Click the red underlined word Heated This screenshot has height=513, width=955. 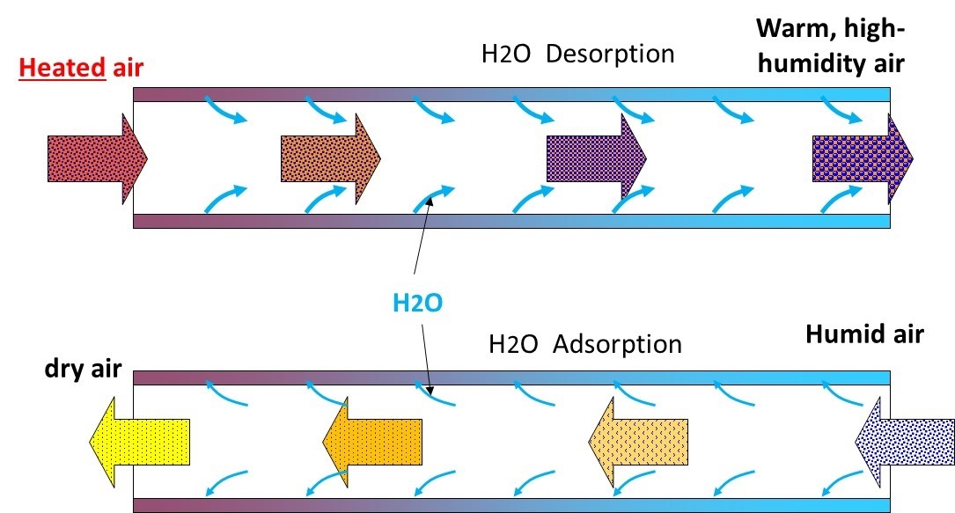click(x=62, y=68)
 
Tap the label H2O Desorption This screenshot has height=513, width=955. click(x=578, y=55)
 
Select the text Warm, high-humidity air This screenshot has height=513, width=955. click(x=831, y=47)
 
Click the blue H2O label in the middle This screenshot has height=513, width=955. click(x=417, y=303)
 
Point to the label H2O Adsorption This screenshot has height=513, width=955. click(x=585, y=344)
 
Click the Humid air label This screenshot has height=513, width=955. click(x=865, y=334)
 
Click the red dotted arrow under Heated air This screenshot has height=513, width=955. click(x=98, y=159)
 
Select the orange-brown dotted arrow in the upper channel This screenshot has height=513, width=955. click(x=331, y=159)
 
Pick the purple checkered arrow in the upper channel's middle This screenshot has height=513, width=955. click(x=597, y=159)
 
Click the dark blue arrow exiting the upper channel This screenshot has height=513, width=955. click(x=863, y=159)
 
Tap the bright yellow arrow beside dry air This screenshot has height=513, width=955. click(x=139, y=442)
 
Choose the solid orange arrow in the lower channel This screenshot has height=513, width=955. click(x=372, y=442)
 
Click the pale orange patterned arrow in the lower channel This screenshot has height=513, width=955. click(x=638, y=442)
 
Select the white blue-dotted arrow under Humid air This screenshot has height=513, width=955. click(x=905, y=442)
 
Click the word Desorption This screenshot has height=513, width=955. click(x=610, y=55)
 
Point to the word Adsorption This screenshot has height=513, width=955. click(x=618, y=344)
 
